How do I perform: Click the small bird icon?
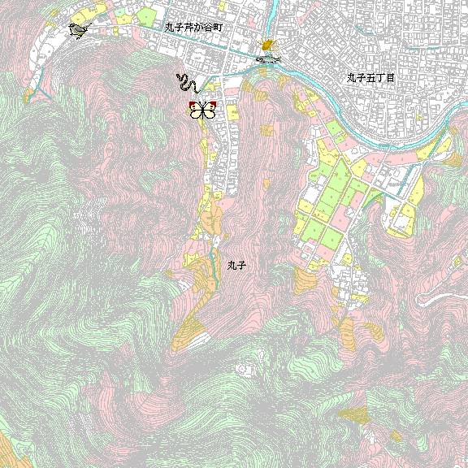[78, 31]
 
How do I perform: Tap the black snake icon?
[187, 83]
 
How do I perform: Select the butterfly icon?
[202, 110]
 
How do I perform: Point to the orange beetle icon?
[266, 46]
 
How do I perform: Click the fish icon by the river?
[268, 59]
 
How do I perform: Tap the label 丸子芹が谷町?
[193, 27]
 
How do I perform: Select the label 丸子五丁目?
[370, 78]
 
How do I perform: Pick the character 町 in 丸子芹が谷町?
[218, 27]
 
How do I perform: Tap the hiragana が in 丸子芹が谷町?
[198, 27]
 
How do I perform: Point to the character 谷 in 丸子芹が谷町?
[208, 27]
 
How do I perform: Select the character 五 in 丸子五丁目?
[370, 78]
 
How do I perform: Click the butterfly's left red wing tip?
[193, 106]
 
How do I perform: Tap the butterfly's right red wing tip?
[213, 106]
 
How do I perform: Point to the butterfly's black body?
[202, 111]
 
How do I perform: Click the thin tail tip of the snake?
[197, 89]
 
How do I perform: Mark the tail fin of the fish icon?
[277, 58]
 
